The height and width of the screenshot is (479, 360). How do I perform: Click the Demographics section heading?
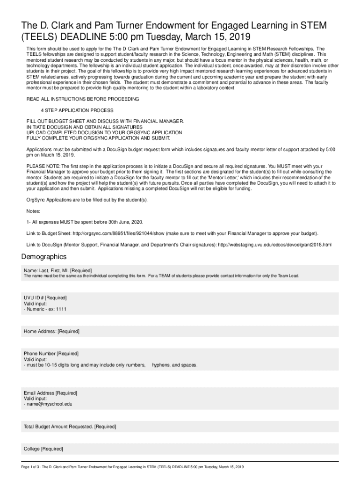[x=44, y=257]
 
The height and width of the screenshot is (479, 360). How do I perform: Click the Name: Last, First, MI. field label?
[x=58, y=270]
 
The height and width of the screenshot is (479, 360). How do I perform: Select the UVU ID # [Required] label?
[x=45, y=298]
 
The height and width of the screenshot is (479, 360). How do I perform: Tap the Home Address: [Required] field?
[x=51, y=332]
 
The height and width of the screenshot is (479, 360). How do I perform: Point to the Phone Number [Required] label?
[x=51, y=354]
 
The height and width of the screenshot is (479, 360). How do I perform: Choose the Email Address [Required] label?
[x=50, y=393]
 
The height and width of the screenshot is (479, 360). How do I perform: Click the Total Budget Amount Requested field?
[x=70, y=427]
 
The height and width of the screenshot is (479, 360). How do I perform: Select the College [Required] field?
[x=43, y=449]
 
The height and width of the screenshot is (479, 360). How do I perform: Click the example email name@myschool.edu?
[x=50, y=404]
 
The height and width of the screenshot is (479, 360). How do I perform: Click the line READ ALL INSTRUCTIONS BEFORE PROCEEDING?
[x=82, y=99]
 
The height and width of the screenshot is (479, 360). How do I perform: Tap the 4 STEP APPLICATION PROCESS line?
[x=77, y=110]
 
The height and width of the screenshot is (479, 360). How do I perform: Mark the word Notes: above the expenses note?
[x=33, y=211]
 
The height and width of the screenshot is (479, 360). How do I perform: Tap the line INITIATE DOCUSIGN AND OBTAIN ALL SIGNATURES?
[x=84, y=127]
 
